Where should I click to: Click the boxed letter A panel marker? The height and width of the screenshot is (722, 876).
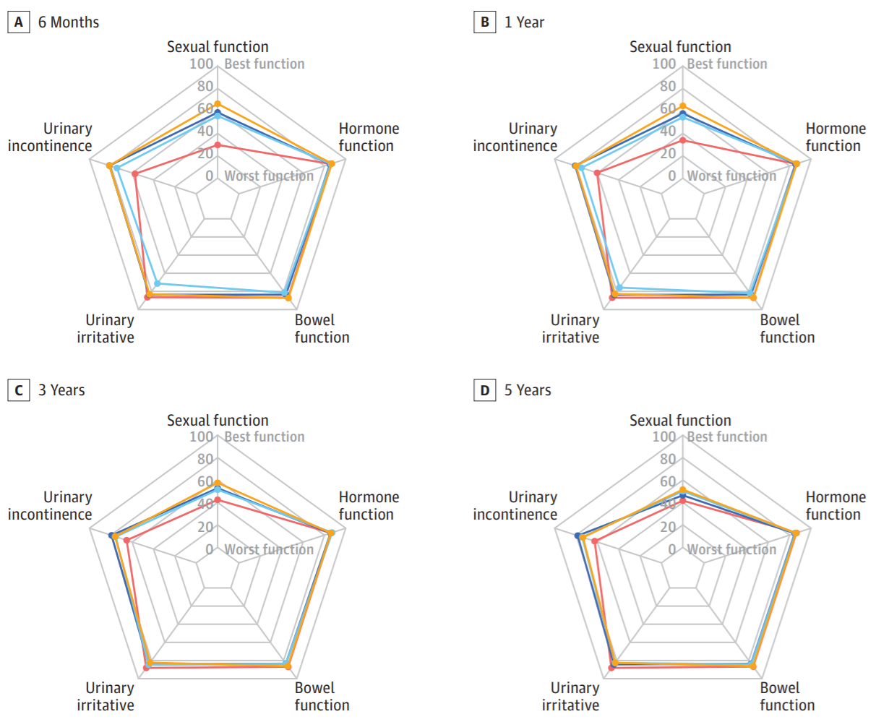pos(19,22)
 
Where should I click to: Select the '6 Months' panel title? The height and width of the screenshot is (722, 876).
pos(69,22)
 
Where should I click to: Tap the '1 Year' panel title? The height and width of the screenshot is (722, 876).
pos(524,22)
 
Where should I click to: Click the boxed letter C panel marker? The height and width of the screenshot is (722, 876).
pos(19,390)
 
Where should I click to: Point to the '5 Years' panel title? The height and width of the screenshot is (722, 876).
pos(528,390)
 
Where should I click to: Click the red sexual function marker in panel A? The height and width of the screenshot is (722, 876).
pos(218,145)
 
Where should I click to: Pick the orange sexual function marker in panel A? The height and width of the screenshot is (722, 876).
pos(218,104)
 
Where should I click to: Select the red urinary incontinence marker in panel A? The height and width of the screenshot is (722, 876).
pos(135,173)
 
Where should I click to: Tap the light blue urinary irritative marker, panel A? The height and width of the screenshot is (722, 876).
pos(158,283)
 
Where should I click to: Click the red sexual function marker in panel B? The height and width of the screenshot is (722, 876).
pos(682,140)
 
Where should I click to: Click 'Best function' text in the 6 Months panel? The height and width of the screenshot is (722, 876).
pos(265,64)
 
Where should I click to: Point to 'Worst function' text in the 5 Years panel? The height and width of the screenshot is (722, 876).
pos(731,549)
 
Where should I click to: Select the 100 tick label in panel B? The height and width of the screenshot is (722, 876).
pos(664,64)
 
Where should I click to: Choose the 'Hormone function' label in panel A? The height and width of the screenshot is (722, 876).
pos(369,137)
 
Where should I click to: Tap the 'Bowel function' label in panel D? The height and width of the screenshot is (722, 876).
pos(787,696)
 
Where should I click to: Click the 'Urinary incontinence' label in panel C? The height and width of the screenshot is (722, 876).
pos(50,506)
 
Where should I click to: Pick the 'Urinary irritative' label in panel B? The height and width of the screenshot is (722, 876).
pos(570,329)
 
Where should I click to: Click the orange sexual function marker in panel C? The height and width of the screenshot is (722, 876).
pos(218,483)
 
